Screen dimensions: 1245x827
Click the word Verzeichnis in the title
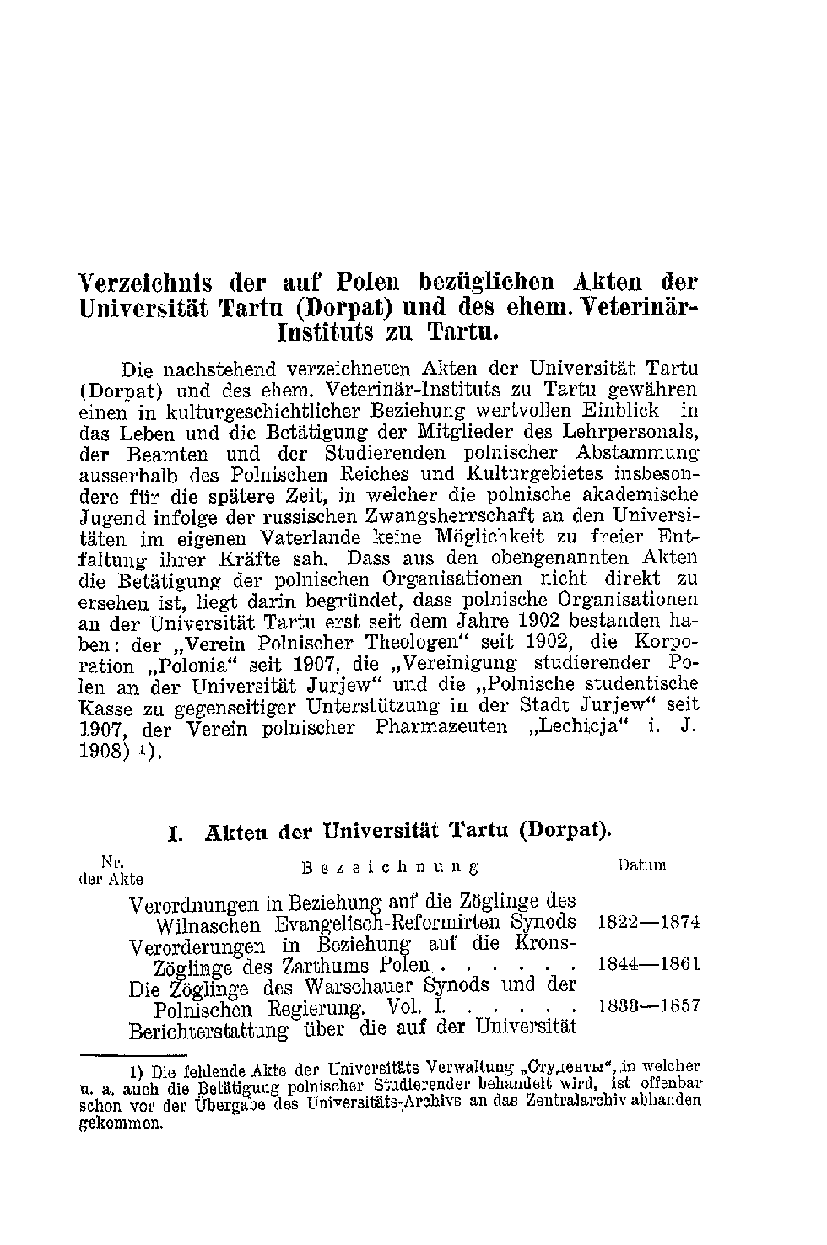tap(144, 281)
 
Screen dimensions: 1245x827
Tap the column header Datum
tap(641, 865)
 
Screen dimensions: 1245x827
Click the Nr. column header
tap(111, 862)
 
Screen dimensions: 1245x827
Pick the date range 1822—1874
tap(648, 922)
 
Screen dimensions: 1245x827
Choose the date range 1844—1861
tap(648, 964)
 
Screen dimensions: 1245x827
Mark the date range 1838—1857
tap(648, 1006)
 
